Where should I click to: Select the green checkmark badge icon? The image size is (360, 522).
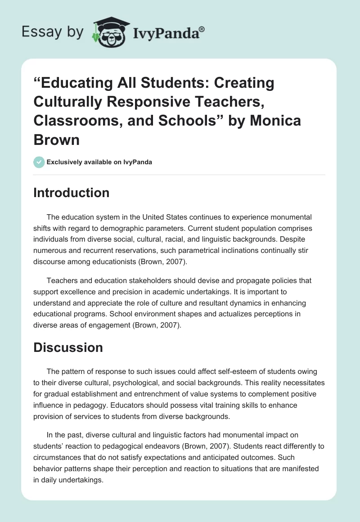pyautogui.click(x=39, y=162)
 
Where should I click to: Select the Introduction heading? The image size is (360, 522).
pyautogui.click(x=72, y=193)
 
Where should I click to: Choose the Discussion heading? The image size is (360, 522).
pyautogui.click(x=68, y=347)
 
